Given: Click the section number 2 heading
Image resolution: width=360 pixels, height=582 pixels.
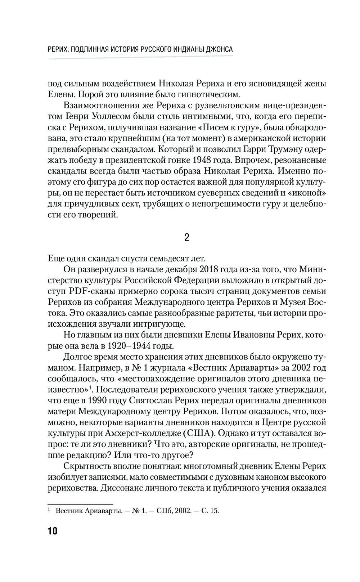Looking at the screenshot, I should pos(187,238).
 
